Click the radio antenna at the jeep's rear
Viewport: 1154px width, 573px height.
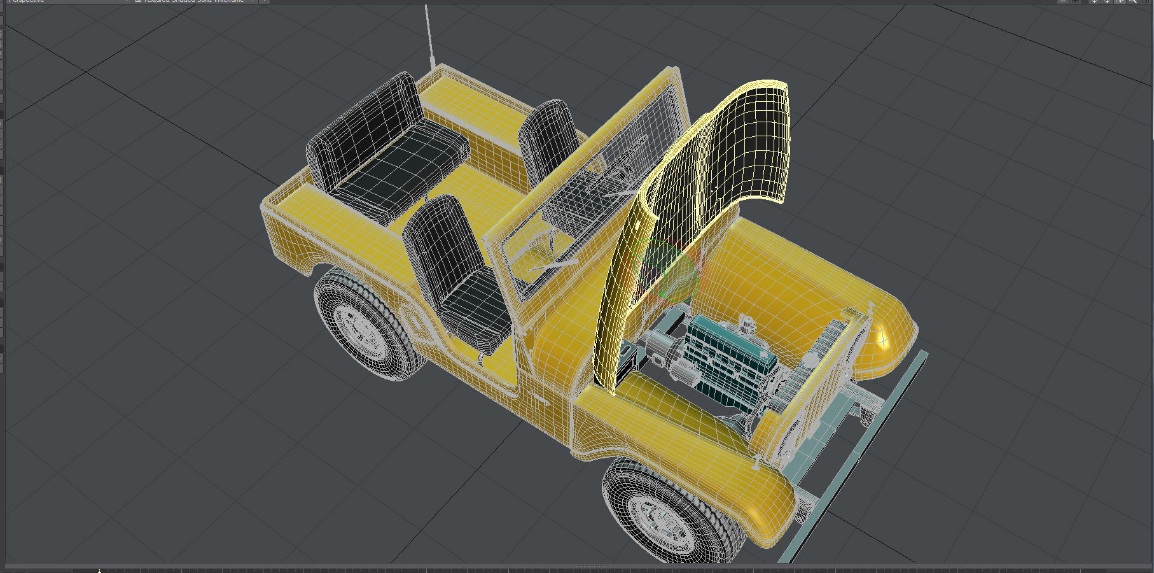429,35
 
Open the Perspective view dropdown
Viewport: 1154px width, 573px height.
64,1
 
